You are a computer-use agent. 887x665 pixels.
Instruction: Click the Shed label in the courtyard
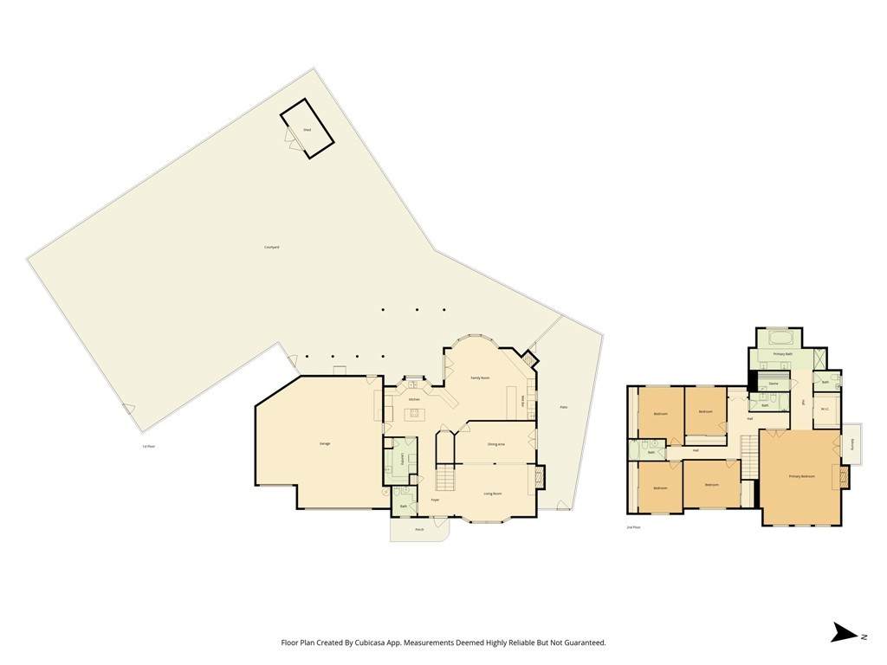(x=307, y=130)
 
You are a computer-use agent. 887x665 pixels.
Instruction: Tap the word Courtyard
(x=271, y=248)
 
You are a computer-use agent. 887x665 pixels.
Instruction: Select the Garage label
(x=325, y=443)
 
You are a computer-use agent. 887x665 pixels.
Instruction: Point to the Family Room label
(x=480, y=378)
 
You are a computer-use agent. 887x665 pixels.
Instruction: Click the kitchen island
(x=414, y=412)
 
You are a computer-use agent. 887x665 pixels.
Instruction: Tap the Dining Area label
(x=496, y=444)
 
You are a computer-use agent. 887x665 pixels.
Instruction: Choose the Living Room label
(x=493, y=494)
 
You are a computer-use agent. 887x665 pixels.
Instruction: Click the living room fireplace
(x=541, y=477)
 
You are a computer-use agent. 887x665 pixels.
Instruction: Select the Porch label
(x=419, y=529)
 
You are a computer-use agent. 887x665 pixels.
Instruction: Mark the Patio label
(x=563, y=407)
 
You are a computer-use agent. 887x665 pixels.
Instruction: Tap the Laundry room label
(x=403, y=459)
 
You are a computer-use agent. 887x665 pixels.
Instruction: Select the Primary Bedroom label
(x=802, y=477)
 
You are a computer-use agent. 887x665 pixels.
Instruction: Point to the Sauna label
(x=773, y=384)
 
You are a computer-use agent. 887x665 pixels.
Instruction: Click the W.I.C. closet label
(x=825, y=410)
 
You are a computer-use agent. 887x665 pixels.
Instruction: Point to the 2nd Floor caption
(x=633, y=527)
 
